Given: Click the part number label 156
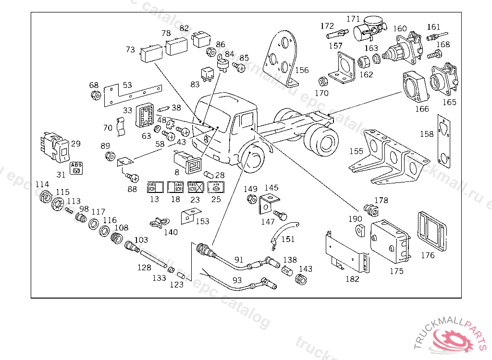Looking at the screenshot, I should (302, 70).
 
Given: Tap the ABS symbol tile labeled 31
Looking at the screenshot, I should (76, 168).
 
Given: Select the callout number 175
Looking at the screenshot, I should (396, 271).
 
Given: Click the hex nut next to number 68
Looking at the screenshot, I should (96, 95).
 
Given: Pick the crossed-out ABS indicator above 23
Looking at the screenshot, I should (195, 187).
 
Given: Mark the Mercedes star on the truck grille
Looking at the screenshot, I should (204, 140).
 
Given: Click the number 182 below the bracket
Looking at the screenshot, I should (352, 279).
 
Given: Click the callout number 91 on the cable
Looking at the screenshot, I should (238, 260).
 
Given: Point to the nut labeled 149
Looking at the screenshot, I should (251, 198).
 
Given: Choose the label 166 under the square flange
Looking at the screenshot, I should (422, 109).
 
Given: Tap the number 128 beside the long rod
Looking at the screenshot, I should (144, 267).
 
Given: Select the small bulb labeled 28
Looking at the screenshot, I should (209, 174).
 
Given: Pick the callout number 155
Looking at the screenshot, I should (356, 151).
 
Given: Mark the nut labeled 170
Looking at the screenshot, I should (323, 81).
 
